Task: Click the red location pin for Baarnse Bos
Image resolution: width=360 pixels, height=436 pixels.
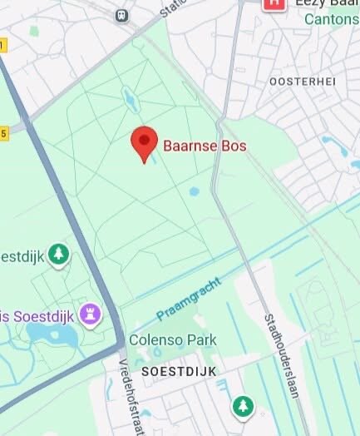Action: [x=145, y=142]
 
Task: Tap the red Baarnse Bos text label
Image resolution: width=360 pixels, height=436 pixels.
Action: [x=205, y=146]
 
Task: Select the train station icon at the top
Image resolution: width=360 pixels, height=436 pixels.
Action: [x=122, y=14]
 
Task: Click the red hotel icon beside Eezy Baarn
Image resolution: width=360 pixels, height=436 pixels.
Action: [x=273, y=3]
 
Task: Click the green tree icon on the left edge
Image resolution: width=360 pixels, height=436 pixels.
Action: [x=57, y=254]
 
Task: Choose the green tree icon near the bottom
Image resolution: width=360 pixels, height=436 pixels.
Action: [x=242, y=406]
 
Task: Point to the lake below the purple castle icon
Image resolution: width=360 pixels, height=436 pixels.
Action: [x=52, y=335]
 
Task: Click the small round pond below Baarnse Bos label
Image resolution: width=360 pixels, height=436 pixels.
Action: [x=194, y=191]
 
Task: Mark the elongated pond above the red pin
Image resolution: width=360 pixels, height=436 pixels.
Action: [x=129, y=100]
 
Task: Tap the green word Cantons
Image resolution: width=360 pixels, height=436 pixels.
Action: [x=332, y=20]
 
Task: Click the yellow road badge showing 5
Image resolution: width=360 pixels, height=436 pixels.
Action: [x=3, y=133]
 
